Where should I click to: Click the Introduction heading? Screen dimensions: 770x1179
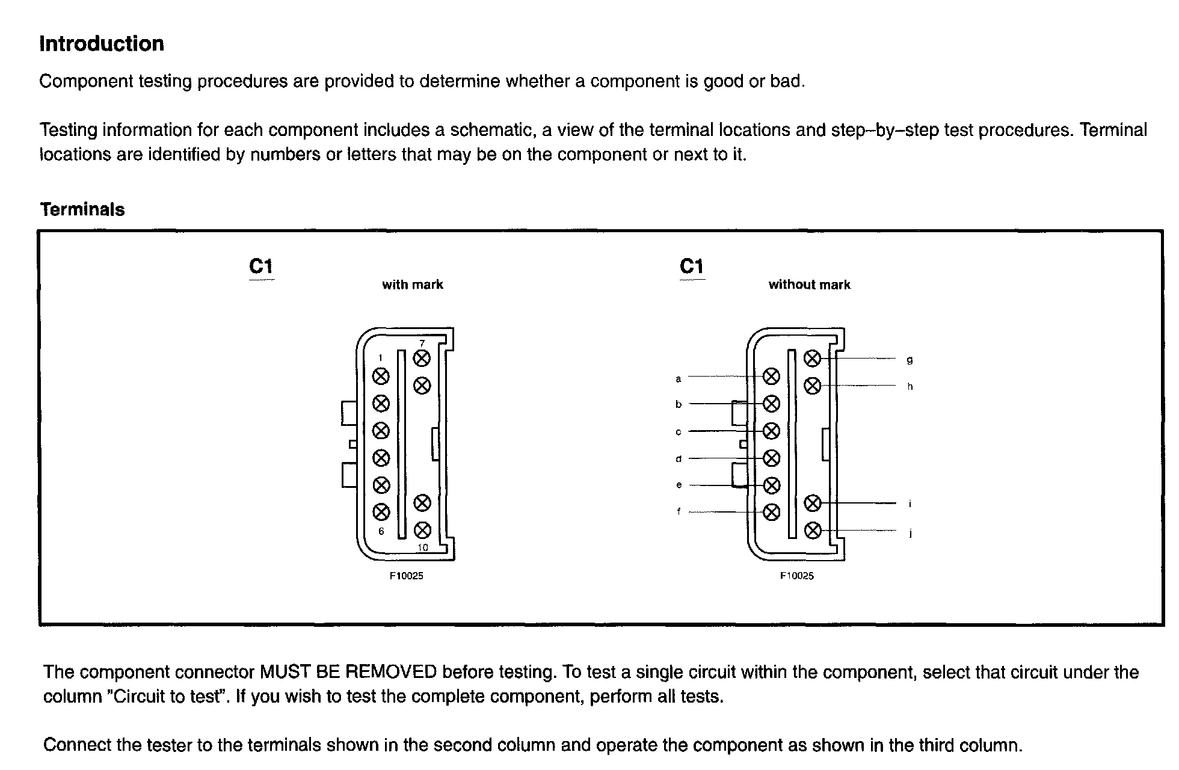point(102,44)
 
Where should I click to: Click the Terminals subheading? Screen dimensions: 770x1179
point(82,209)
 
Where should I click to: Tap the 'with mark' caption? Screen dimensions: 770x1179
point(413,285)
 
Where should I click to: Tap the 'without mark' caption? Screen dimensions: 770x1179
point(809,285)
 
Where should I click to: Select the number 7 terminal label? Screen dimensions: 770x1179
point(422,343)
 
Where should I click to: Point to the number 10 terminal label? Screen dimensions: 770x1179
point(422,547)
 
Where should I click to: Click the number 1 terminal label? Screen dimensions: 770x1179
point(380,358)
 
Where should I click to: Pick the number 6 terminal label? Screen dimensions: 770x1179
point(381,531)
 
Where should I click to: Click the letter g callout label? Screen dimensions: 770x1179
point(910,360)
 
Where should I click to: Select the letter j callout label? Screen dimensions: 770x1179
point(910,533)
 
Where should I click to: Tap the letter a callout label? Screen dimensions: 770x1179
point(679,379)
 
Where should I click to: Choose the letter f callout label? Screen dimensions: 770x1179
point(679,512)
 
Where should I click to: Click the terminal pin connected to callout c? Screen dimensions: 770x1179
point(771,431)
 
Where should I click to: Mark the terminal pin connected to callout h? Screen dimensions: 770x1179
point(812,385)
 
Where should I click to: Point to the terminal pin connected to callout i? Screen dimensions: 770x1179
point(812,503)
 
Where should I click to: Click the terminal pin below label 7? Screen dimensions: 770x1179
point(422,359)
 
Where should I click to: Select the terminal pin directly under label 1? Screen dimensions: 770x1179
point(381,377)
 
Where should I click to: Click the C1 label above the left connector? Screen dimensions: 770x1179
point(261,266)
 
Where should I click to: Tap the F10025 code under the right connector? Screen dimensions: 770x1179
point(796,576)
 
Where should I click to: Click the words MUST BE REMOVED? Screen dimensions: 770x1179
point(348,672)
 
